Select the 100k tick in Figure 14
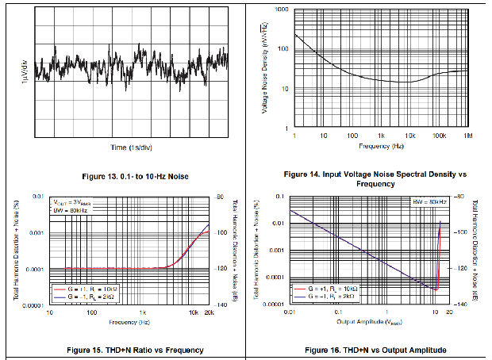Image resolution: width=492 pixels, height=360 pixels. point(437,136)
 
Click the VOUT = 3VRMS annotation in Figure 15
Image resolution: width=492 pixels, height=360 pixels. point(73,203)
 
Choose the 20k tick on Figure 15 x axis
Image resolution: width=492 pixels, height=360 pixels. point(209,313)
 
